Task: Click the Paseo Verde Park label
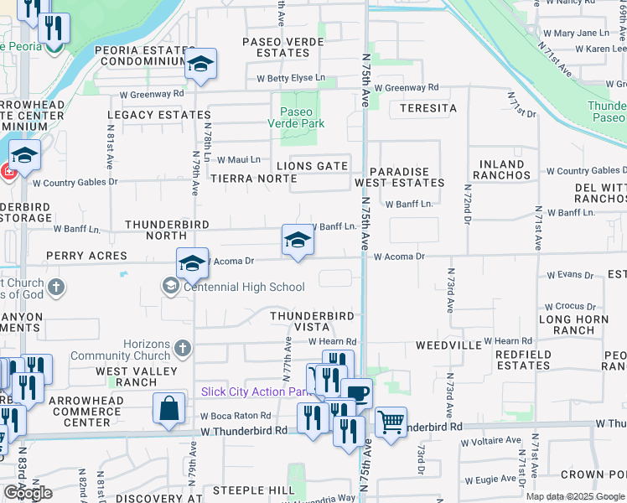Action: click(x=296, y=117)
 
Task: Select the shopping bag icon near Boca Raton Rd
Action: click(x=168, y=409)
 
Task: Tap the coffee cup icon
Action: click(x=357, y=393)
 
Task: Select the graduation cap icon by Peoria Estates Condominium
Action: click(x=201, y=64)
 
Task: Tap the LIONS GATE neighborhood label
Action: click(x=313, y=166)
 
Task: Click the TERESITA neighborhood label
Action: click(x=427, y=109)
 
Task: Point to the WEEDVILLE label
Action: click(x=448, y=345)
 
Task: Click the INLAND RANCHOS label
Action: click(x=502, y=170)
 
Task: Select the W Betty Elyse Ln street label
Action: click(x=291, y=78)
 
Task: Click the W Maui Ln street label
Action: click(x=239, y=159)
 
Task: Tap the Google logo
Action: click(x=28, y=493)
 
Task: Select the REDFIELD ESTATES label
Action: click(x=523, y=360)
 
